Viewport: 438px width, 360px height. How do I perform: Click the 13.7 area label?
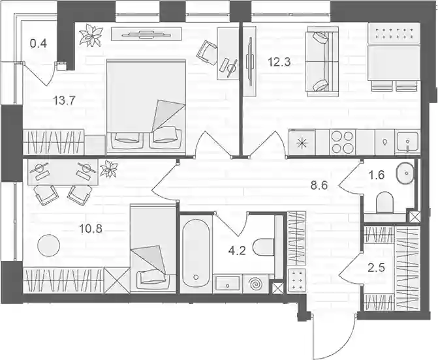[64, 100]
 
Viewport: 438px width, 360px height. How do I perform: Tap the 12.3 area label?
[279, 62]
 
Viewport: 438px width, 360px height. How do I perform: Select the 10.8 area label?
[91, 229]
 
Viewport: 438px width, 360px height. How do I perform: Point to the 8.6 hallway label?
[319, 185]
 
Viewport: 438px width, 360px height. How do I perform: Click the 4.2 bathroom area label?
[237, 251]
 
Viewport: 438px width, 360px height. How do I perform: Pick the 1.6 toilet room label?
[377, 175]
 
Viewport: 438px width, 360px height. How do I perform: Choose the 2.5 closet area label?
[377, 267]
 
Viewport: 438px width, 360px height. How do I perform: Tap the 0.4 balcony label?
[39, 44]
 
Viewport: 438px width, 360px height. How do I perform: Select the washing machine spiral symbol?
[256, 284]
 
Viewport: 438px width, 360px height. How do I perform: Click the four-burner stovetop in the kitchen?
[342, 142]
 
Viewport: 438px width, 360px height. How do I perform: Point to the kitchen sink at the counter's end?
[407, 142]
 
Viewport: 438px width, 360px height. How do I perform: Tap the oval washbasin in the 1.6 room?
[405, 173]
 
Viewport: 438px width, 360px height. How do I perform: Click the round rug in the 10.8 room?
[48, 245]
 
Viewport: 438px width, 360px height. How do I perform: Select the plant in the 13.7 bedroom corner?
[91, 35]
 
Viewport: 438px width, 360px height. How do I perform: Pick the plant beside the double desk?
[108, 169]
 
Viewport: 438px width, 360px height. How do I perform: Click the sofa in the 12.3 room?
[322, 62]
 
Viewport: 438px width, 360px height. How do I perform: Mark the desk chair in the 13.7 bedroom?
[208, 52]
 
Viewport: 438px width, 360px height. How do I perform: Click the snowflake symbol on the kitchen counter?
[302, 143]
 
